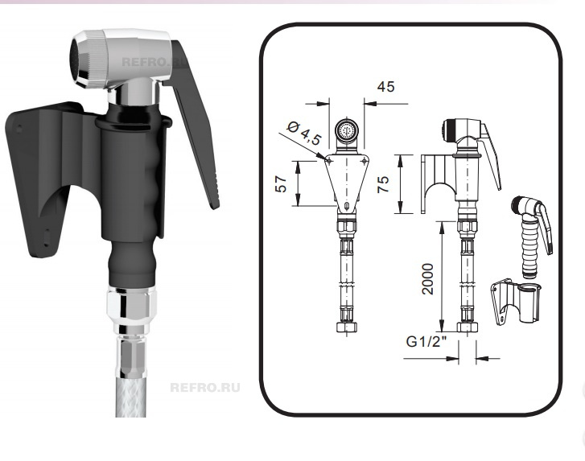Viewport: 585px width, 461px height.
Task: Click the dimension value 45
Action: click(x=385, y=87)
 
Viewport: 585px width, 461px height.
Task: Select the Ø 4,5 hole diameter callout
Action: click(x=304, y=133)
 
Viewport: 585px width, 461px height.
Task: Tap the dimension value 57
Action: click(x=281, y=184)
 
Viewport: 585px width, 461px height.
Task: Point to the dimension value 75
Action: click(x=383, y=184)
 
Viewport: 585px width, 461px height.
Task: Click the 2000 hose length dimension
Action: click(x=427, y=279)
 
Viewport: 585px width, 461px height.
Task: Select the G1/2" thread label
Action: click(x=426, y=341)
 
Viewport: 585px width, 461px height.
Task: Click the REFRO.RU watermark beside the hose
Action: click(x=205, y=388)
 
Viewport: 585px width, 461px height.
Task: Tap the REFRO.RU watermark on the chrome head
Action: click(x=154, y=61)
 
